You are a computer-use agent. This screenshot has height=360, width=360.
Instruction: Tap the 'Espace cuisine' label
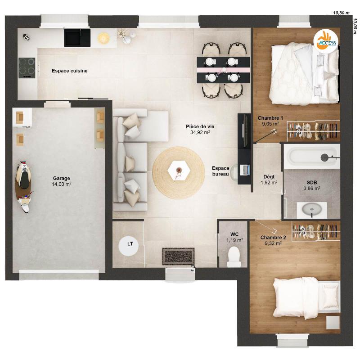click(69, 71)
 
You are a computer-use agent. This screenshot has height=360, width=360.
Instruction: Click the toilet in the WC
click(234, 257)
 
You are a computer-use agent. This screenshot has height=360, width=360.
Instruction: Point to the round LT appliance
click(130, 244)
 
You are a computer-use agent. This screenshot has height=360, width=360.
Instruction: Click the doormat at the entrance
click(179, 256)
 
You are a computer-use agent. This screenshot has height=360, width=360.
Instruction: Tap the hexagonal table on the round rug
click(176, 170)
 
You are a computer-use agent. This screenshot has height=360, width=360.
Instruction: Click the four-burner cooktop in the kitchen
click(27, 67)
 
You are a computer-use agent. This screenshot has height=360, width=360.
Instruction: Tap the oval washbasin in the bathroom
click(311, 209)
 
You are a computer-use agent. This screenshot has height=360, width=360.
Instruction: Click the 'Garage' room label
click(62, 178)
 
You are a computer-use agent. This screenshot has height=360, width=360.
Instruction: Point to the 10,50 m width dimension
click(341, 13)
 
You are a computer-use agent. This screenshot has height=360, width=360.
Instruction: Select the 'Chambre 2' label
click(273, 238)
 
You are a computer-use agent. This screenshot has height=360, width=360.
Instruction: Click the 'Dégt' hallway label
click(269, 177)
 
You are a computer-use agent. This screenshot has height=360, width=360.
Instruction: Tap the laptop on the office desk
click(245, 170)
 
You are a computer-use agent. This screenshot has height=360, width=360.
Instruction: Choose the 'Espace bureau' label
click(220, 171)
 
